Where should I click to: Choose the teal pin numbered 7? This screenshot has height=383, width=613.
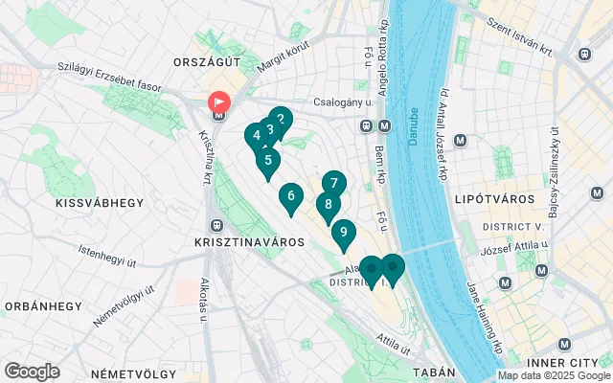333,183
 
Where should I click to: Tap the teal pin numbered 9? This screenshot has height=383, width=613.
343,233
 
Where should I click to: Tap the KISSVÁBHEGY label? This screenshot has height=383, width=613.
100,203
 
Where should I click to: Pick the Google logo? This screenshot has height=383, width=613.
32,372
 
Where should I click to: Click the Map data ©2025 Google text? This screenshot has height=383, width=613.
553,376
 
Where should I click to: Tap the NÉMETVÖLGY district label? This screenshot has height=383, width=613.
129,372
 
